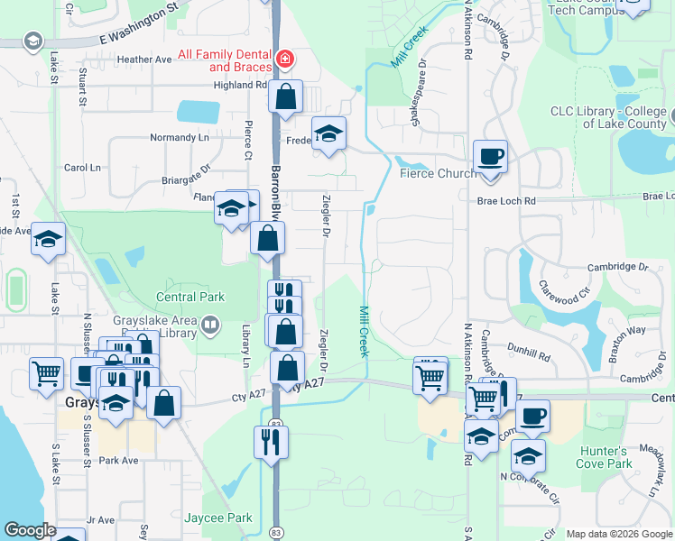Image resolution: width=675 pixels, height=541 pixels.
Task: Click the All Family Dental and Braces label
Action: [x=225, y=61]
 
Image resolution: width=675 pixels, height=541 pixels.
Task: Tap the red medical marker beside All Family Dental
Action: [x=285, y=60]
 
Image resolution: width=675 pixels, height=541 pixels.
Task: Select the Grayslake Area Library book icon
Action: [x=209, y=324]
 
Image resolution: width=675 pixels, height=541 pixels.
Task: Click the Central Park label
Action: [x=190, y=297]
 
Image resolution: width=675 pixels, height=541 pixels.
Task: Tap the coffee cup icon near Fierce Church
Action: [x=490, y=157]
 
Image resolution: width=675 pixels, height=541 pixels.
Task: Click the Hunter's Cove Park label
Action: [x=603, y=457]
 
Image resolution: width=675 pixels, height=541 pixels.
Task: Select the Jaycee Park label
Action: [x=217, y=518]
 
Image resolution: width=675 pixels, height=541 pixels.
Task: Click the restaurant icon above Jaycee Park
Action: [x=271, y=441]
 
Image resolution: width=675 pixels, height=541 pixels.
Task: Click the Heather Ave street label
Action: [x=143, y=60]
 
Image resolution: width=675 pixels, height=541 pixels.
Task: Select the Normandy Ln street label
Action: [x=179, y=138]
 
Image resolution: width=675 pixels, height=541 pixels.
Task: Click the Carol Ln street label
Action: [x=82, y=168]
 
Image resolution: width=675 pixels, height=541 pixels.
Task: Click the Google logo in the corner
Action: [x=30, y=530]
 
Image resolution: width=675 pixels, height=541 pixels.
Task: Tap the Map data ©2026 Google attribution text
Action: [x=618, y=534]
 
